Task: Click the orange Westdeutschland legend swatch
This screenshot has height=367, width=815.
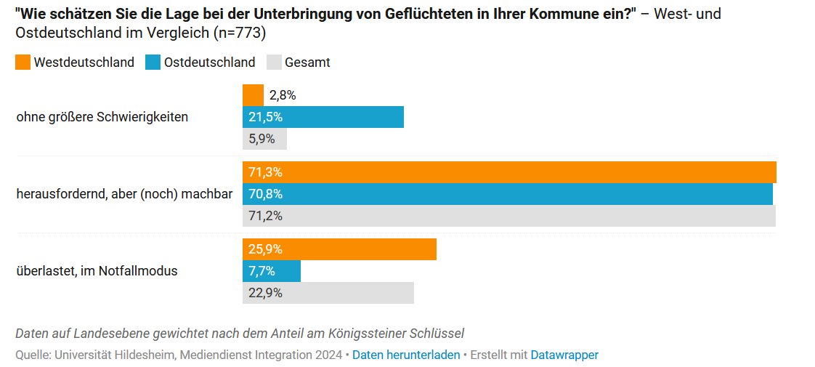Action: click(x=23, y=62)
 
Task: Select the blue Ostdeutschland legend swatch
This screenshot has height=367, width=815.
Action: click(x=153, y=62)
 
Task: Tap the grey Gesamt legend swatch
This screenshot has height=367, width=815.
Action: click(x=274, y=62)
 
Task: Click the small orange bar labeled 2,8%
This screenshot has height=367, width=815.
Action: click(x=253, y=95)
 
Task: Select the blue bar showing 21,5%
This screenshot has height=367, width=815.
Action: click(x=323, y=117)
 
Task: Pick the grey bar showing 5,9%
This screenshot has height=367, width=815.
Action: click(x=264, y=139)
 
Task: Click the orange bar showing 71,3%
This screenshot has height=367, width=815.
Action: click(x=508, y=172)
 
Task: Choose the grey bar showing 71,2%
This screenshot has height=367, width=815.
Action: click(x=508, y=216)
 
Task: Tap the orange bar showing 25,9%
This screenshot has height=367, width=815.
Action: click(x=339, y=249)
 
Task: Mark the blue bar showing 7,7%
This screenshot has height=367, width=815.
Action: click(x=271, y=271)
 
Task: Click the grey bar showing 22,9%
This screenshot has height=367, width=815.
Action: click(x=328, y=293)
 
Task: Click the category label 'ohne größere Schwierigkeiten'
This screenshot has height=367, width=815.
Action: click(x=102, y=117)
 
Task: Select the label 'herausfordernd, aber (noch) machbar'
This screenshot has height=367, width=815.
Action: click(x=124, y=194)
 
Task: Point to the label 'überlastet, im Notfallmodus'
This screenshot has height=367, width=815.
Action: click(x=97, y=271)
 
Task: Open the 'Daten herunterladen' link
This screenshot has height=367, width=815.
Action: click(x=405, y=355)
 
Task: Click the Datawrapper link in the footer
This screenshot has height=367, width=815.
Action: click(x=564, y=355)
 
